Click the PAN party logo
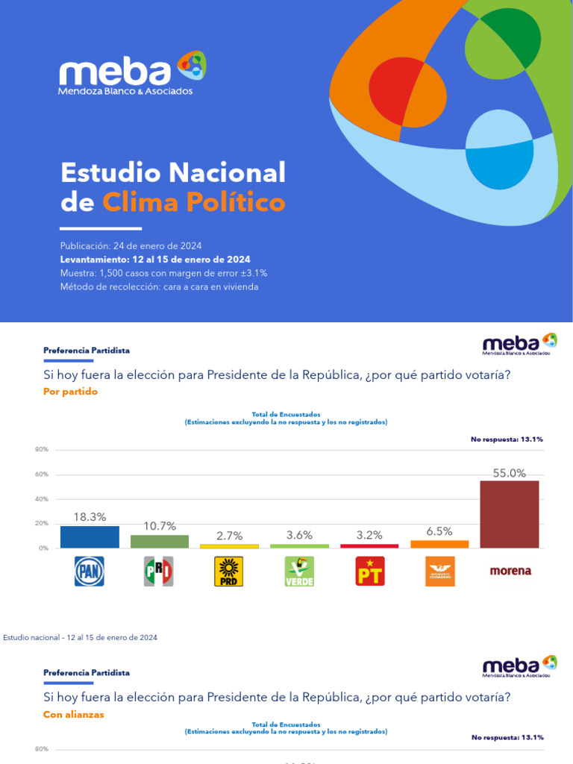point(89,571)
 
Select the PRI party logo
point(158,571)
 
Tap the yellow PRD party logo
point(228,571)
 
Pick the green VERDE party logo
point(298,571)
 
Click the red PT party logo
point(369,571)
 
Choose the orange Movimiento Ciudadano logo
point(439,571)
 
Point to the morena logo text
point(510,571)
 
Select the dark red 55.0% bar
point(509,514)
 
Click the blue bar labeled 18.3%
point(89,536)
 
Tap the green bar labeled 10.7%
point(159,541)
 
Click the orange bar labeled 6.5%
point(439,544)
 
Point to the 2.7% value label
point(229,535)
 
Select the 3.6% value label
point(299,535)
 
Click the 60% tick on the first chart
point(41,474)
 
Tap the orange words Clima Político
point(193,201)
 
